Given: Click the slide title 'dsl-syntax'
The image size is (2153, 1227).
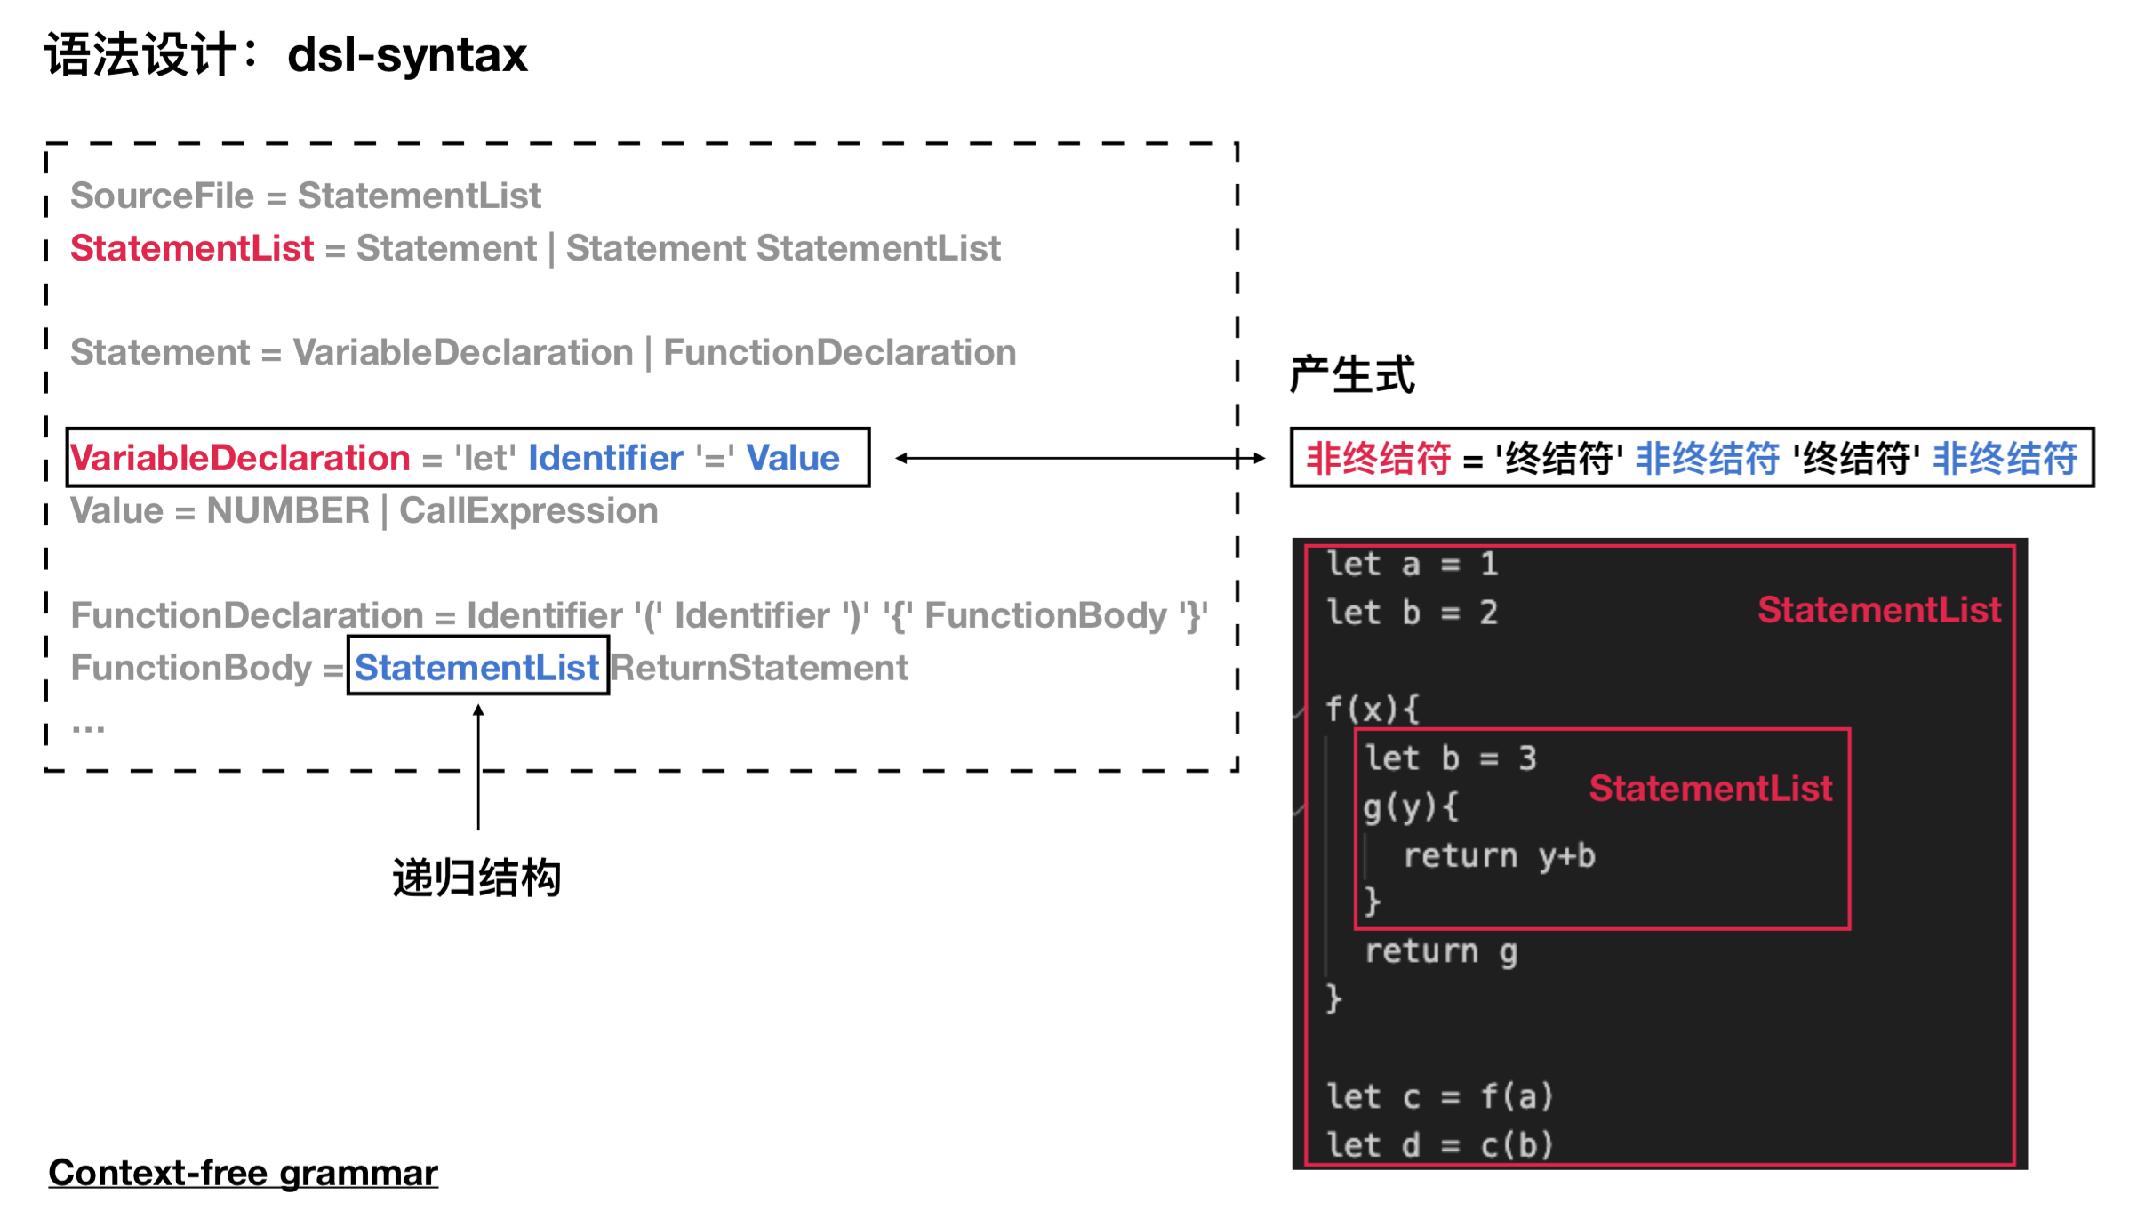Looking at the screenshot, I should coord(407,55).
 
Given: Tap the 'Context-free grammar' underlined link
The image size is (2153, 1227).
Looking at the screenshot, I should coord(243,1173).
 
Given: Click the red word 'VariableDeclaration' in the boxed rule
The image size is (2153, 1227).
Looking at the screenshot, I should coord(241,458).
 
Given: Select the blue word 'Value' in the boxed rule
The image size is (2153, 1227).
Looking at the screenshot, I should coord(792,458).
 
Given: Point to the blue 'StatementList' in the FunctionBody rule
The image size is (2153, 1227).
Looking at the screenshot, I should coord(477,668).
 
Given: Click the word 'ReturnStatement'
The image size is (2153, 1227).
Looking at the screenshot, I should coord(759,668).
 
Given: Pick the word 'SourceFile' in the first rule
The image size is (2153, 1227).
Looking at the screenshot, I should coord(162,196).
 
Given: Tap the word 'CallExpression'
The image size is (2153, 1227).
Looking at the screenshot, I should coord(528,511).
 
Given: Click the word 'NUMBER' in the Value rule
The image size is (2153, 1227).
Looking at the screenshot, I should coord(288,511).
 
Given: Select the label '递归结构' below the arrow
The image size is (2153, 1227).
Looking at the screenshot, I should coord(476,878).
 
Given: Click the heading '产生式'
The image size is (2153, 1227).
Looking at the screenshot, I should coord(1351,374).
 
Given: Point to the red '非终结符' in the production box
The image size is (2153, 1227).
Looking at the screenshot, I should coord(1378,459).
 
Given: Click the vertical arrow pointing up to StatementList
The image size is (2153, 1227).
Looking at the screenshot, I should coord(478,765).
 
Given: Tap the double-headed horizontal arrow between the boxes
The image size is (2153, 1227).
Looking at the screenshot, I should coord(1080,458).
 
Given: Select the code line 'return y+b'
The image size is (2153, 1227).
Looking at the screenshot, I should coord(1499,855).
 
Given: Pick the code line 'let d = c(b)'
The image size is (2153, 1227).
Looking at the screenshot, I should coord(1439,1144).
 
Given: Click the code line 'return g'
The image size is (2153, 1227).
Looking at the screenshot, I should coord(1441,951).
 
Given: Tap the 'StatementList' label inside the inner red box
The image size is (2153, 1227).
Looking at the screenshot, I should coord(1710,789).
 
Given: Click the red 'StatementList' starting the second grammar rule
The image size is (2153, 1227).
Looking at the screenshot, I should coord(192,248).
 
